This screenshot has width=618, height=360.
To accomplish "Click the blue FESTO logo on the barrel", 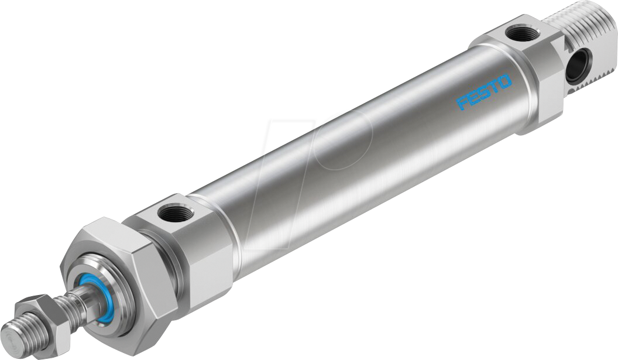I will [484, 92].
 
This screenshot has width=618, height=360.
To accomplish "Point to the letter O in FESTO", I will [504, 81].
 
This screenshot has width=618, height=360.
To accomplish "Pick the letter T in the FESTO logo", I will [494, 86].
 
